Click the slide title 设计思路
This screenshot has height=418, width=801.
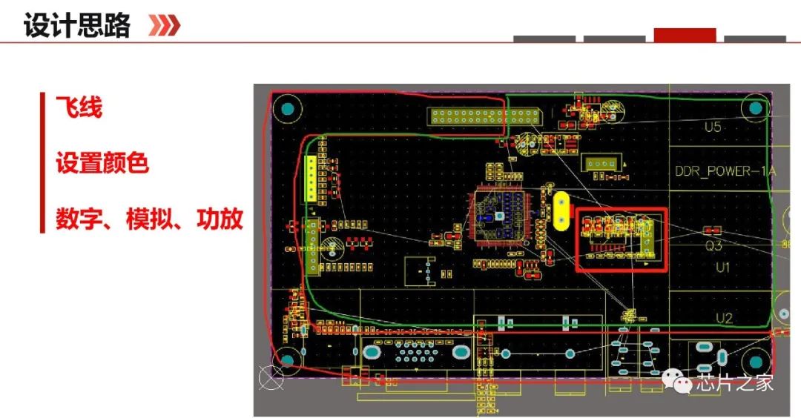click(77, 25)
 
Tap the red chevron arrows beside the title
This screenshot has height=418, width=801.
click(164, 25)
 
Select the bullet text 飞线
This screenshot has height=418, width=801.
click(79, 108)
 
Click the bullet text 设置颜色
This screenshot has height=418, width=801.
click(102, 163)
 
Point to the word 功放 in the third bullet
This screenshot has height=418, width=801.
click(220, 219)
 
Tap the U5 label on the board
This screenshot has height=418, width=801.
click(712, 127)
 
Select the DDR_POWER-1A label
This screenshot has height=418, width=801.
click(725, 172)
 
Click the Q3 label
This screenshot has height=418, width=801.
click(713, 246)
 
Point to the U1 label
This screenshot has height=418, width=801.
click(722, 267)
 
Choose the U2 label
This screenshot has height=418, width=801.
click(724, 319)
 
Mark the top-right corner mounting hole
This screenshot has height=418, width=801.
click(755, 109)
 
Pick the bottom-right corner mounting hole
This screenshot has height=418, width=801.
click(756, 362)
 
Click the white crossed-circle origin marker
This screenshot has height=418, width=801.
click(271, 379)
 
